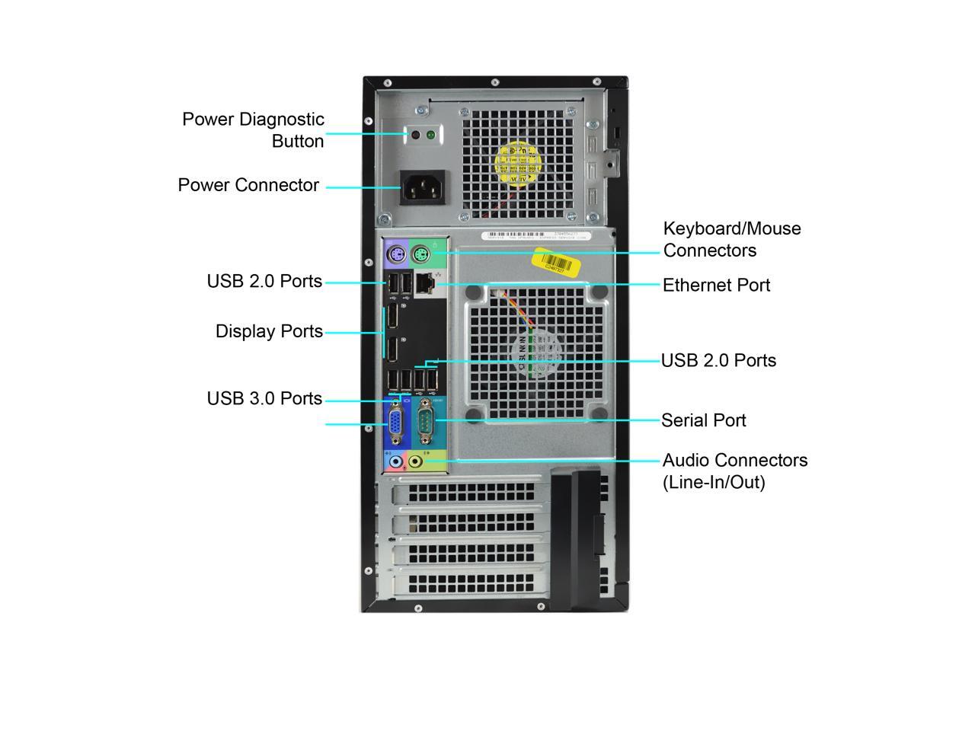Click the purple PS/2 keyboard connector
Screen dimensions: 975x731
(x=394, y=254)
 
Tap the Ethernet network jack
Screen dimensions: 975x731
(x=427, y=284)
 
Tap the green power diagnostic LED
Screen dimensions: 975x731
(x=430, y=136)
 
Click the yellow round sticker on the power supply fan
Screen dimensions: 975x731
(x=520, y=163)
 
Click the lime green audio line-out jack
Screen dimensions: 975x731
(x=416, y=461)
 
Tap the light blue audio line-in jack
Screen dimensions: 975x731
(x=395, y=461)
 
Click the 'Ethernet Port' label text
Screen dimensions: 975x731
(x=716, y=286)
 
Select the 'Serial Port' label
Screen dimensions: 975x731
(x=703, y=420)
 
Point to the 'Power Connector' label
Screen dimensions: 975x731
(x=248, y=185)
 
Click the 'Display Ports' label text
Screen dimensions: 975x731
(x=269, y=331)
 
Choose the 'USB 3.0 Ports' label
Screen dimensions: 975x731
(x=264, y=399)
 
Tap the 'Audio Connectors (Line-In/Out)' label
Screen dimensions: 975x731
(x=734, y=471)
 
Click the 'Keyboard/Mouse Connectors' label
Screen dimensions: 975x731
(x=731, y=239)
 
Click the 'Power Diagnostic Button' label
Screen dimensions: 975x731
(x=253, y=130)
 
